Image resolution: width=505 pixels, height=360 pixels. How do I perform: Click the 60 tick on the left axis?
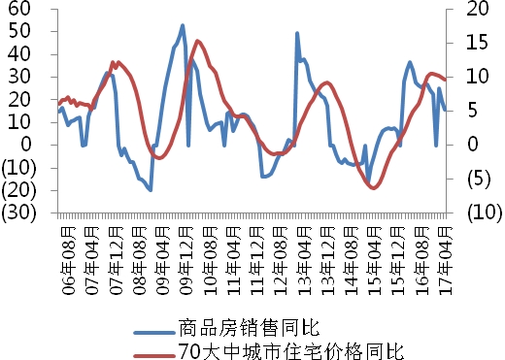click(19, 9)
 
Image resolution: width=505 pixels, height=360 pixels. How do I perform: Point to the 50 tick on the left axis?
click(19, 31)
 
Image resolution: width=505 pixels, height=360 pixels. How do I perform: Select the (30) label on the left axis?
click(18, 212)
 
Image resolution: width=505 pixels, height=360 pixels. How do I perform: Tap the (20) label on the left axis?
click(18, 189)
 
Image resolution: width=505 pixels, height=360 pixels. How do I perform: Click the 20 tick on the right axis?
click(475, 9)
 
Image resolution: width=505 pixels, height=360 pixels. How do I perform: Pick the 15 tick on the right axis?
click(475, 43)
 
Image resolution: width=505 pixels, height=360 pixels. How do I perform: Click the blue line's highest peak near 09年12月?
click(183, 26)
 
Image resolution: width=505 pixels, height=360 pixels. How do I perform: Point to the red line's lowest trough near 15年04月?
click(373, 187)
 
